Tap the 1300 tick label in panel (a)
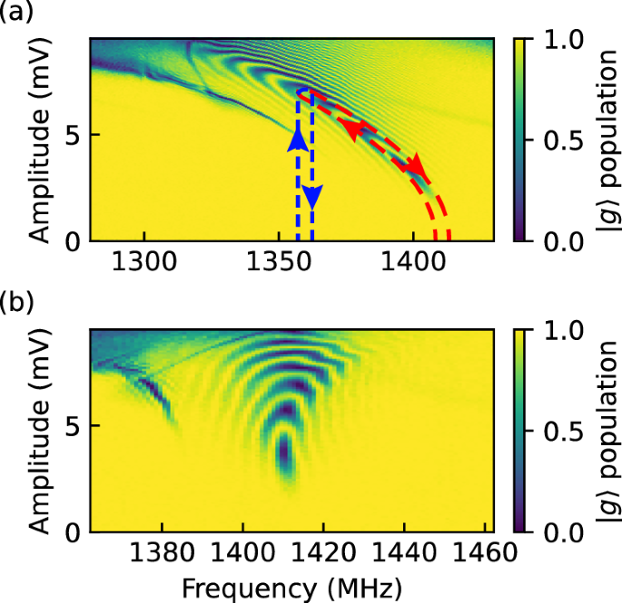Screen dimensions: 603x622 [144, 266]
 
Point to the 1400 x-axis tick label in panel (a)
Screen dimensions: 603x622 [413, 266]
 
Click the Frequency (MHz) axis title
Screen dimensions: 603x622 [291, 587]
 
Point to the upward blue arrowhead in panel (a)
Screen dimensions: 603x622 [298, 139]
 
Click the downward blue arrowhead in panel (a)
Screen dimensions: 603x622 [311, 195]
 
